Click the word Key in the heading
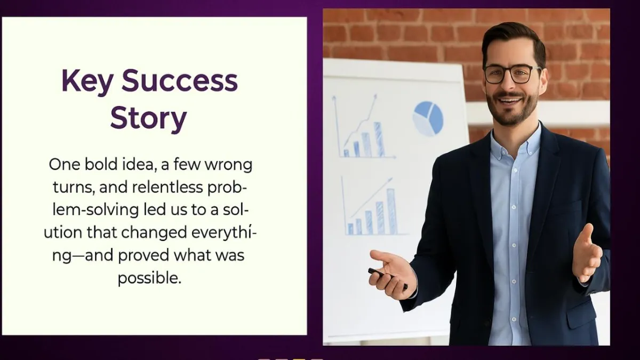click(x=86, y=82)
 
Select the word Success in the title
click(x=180, y=81)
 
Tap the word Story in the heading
click(x=149, y=118)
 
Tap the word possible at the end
click(x=150, y=278)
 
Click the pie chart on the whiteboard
click(x=428, y=118)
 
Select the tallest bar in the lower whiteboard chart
click(x=391, y=211)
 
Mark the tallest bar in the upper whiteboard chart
click(x=379, y=139)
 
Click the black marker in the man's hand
click(x=387, y=278)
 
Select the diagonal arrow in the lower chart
click(x=371, y=198)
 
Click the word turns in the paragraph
click(x=74, y=188)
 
